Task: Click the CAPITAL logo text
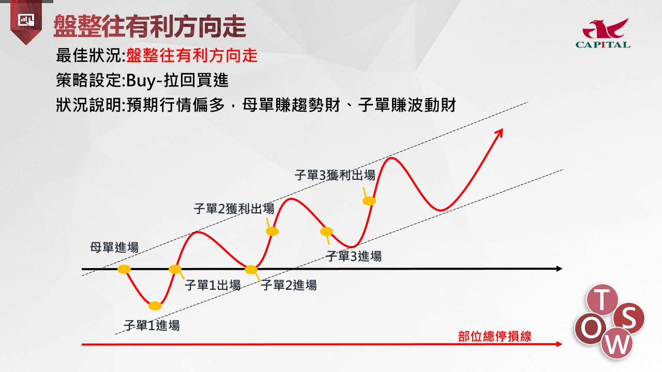(603, 45)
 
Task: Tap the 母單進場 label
(114, 247)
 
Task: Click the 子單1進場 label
(152, 326)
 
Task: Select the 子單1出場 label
(213, 286)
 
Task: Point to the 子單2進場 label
(289, 285)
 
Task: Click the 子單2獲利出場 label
(234, 209)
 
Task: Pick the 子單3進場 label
(354, 256)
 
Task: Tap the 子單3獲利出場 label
(335, 175)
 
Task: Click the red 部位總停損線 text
(495, 336)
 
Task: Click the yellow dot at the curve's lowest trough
(155, 306)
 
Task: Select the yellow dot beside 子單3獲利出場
(369, 201)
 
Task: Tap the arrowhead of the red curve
(500, 132)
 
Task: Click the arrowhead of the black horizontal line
(559, 269)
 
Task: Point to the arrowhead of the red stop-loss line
(559, 344)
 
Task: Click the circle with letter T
(602, 300)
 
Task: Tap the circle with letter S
(628, 318)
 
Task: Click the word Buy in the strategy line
(140, 81)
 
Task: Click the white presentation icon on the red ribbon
(26, 20)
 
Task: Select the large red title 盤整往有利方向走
(150, 26)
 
